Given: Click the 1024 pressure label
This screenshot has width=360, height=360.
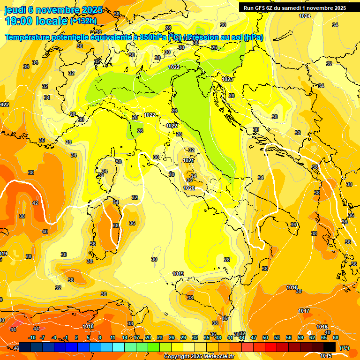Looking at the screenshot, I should tap(305, 16).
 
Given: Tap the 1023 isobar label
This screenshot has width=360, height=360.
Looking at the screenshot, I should tap(228, 79).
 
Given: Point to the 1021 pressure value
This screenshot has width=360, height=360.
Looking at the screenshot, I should tap(188, 160).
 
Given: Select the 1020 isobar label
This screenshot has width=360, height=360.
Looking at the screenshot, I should tap(189, 188).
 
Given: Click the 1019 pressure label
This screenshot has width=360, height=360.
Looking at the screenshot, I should tap(178, 274).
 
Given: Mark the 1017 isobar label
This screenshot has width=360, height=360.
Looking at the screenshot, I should tap(304, 311).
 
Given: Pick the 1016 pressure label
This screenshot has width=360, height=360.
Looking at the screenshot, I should tap(322, 327).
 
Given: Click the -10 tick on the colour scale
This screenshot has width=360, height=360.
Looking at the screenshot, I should tap(32, 337).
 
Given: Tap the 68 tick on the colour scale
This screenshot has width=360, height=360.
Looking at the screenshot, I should tap(336, 337).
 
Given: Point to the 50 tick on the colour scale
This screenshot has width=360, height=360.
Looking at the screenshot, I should tap(265, 337).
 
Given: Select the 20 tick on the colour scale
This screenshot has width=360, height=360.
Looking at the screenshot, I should tap(148, 337).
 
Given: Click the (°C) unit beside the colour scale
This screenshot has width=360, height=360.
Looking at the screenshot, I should tap(344, 348).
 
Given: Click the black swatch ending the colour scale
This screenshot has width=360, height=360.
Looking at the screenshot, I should tap(330, 347).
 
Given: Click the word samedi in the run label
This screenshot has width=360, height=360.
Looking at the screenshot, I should tap(301, 8).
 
